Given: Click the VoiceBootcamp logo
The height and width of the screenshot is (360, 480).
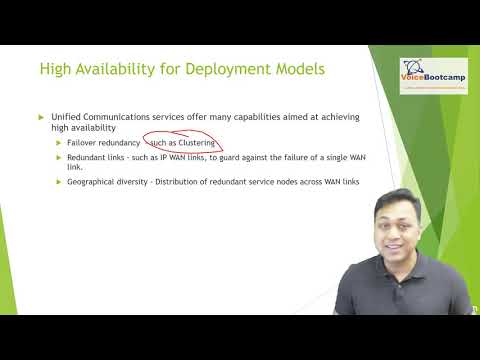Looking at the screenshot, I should tap(436, 75).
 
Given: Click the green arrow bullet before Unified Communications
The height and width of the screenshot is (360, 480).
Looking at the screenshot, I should tap(41, 118).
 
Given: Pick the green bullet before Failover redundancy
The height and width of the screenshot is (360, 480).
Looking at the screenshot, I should tap(59, 143).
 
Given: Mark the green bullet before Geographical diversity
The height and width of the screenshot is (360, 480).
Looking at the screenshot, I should tap(59, 181).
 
